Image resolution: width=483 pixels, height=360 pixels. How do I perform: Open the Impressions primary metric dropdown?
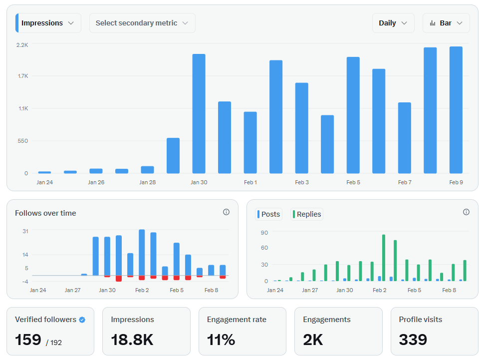tap(48, 23)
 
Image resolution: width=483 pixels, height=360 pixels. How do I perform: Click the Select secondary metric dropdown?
tap(142, 23)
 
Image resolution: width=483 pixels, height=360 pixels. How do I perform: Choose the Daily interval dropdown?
tap(393, 23)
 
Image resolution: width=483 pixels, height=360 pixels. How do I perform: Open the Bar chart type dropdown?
tap(446, 23)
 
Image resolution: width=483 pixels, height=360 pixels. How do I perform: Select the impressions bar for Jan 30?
tap(199, 114)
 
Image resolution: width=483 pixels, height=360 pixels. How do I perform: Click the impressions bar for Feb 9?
tap(456, 110)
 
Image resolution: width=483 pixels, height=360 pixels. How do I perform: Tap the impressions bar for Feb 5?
tap(353, 115)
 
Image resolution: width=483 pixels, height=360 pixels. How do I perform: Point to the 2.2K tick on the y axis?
tap(22, 45)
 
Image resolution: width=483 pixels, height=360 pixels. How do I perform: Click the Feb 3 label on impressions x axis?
tap(301, 182)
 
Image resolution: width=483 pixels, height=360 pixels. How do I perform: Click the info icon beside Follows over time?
tap(226, 212)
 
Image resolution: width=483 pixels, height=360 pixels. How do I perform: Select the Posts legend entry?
tap(269, 214)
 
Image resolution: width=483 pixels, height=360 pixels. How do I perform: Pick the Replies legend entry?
tap(307, 214)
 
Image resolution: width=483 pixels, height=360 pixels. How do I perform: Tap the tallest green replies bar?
tap(384, 258)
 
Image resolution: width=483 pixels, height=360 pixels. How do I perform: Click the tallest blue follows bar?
tap(142, 253)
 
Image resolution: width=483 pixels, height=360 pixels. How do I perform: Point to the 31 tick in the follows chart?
tap(25, 231)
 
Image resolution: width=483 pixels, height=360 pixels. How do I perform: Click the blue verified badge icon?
tap(82, 320)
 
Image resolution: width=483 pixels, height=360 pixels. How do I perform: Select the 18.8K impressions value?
tap(132, 340)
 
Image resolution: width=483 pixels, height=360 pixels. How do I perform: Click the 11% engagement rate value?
tap(221, 340)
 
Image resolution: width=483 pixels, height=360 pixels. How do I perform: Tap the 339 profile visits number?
tap(413, 340)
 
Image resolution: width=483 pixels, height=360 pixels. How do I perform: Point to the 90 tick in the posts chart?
tap(264, 233)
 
